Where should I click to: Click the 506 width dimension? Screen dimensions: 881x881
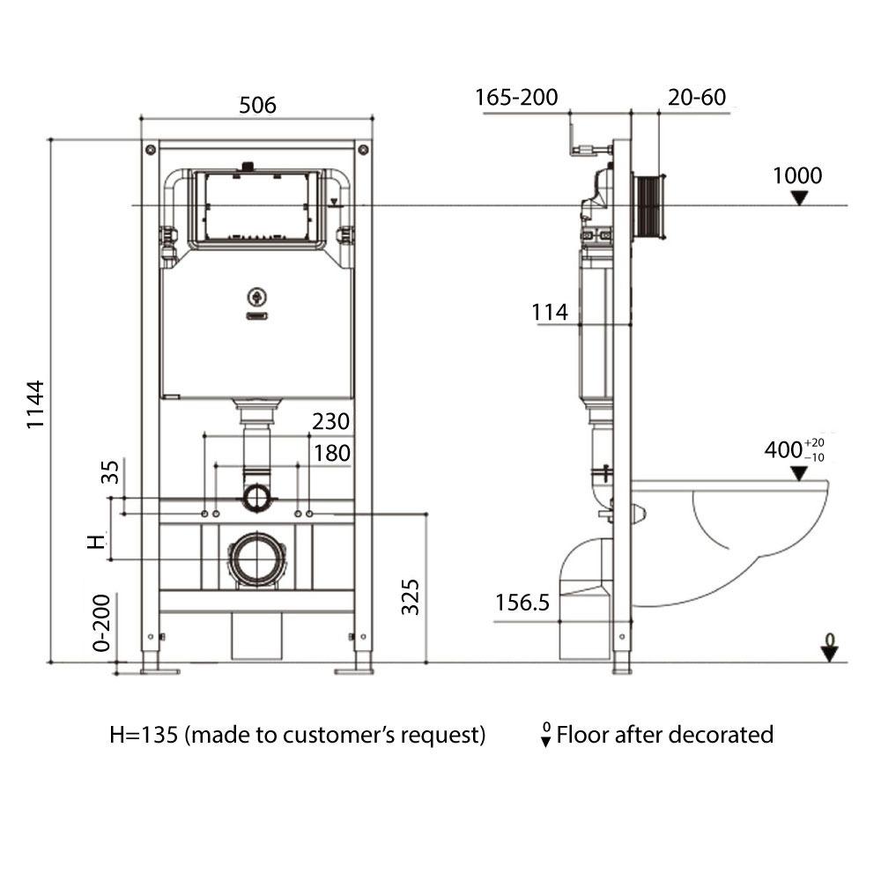[257, 106]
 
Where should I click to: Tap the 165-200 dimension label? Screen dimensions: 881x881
[517, 97]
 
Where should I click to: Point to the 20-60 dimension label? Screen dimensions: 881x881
[697, 97]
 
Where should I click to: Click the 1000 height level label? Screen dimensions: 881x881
[797, 175]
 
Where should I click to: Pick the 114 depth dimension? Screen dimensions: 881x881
[549, 312]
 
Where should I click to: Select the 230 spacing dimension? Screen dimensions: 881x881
[330, 421]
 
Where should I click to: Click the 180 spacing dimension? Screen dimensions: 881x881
[331, 453]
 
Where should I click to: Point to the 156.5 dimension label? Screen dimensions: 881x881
[522, 603]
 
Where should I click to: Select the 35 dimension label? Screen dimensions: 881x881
[110, 472]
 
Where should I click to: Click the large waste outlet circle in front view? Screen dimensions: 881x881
[257, 559]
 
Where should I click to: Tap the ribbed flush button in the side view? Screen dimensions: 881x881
[652, 204]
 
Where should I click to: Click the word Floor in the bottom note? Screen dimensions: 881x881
[583, 735]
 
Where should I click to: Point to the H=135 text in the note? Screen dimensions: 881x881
[144, 735]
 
